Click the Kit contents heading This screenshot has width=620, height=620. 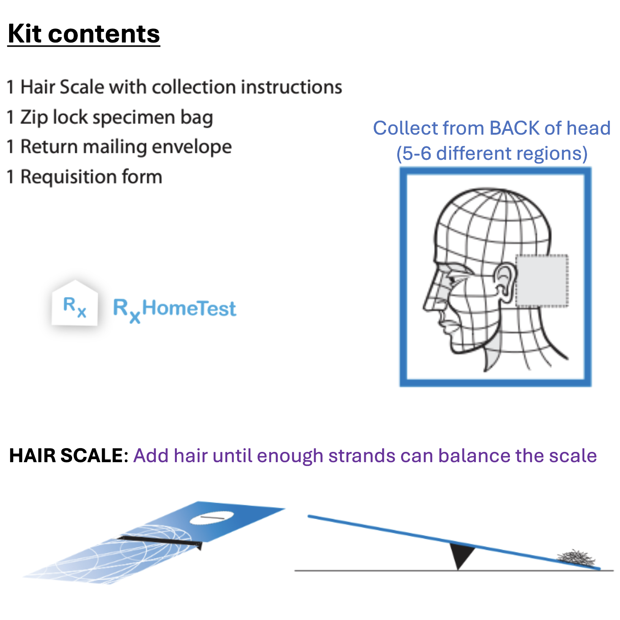[84, 34]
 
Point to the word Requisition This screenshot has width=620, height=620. [68, 177]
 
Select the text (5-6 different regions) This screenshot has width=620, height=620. [492, 154]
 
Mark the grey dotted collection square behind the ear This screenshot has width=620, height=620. [542, 280]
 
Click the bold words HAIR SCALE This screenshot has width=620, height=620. [66, 455]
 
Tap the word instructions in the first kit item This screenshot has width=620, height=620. [291, 87]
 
